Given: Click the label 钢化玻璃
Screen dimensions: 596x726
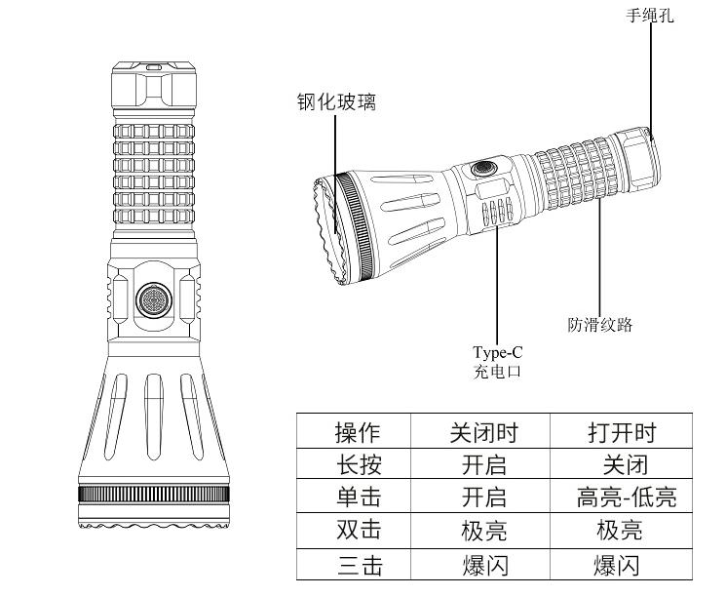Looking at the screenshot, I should point(337,102).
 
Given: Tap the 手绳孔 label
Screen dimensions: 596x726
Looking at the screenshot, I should point(649,15).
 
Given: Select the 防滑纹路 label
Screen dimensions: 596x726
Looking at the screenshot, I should point(600,325).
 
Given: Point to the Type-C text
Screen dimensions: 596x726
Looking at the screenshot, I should point(497,353).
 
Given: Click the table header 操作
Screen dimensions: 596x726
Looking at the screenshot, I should point(357,431).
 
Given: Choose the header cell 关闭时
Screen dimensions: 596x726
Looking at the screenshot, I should point(483,431).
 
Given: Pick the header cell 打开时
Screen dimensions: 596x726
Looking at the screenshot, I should point(621,431).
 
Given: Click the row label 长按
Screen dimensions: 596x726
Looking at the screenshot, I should point(357,464).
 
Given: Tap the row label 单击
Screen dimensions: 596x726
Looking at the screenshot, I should point(357,497).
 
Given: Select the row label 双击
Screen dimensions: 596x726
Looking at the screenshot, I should point(357,532).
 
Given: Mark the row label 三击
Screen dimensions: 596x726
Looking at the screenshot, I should point(357,566).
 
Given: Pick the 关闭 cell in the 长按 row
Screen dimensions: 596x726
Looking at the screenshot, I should point(620,464).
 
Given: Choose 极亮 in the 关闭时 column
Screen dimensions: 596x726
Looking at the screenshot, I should point(483,532).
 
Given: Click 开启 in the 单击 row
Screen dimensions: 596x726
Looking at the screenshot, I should point(483,497).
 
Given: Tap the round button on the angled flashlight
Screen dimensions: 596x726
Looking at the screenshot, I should point(483,169).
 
